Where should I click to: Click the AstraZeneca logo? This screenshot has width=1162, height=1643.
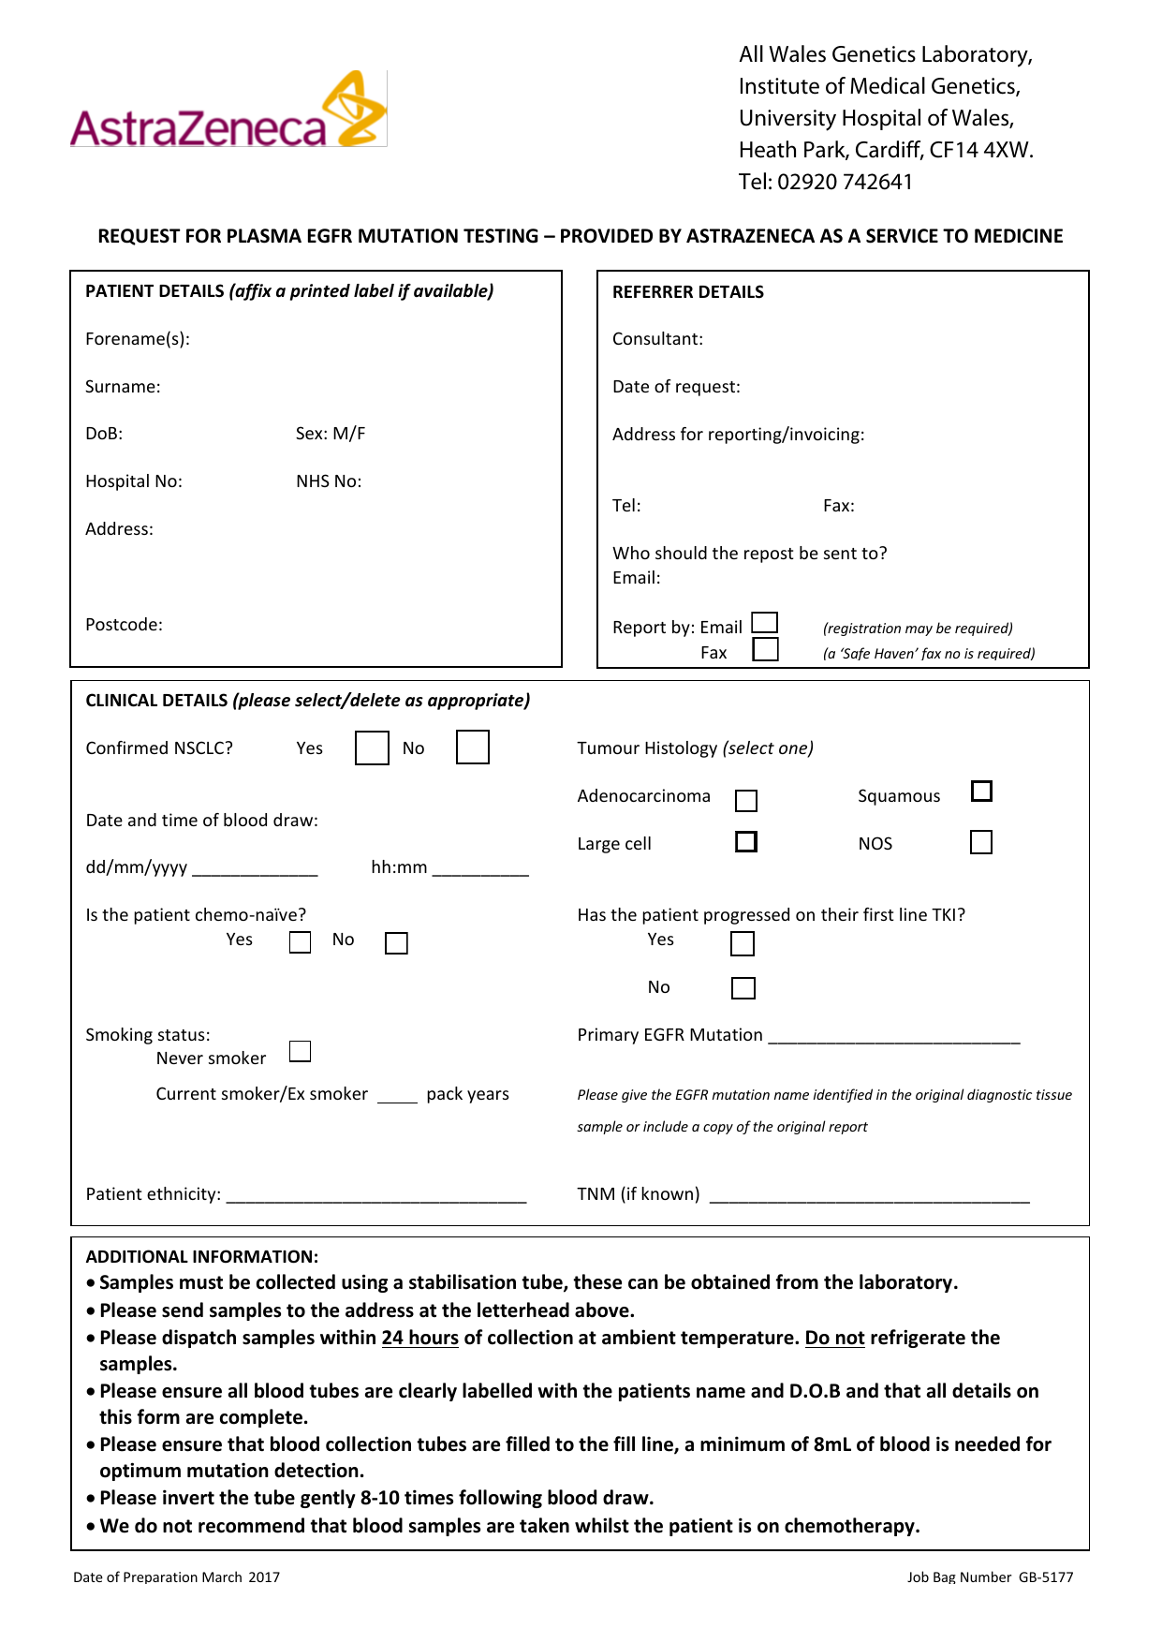point(228,111)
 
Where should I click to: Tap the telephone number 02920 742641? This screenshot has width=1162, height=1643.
point(845,182)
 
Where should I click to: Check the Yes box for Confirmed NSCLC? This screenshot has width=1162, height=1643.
point(372,747)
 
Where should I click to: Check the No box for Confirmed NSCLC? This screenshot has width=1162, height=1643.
point(473,747)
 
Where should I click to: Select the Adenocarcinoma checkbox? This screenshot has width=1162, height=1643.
point(746,800)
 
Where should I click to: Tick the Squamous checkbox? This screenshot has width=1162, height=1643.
point(981,792)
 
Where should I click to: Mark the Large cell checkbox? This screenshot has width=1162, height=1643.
point(746,841)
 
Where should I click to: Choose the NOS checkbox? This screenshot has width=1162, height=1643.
point(981,842)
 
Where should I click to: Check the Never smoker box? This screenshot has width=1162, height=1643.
point(300,1051)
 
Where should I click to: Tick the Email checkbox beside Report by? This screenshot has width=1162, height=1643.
point(765,623)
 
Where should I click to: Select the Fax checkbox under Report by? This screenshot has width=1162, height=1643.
point(765,649)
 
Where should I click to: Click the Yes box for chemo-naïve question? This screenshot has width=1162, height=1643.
point(300,942)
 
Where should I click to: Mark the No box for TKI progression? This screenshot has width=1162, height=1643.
point(743,988)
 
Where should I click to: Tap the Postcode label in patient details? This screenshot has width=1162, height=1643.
point(124,625)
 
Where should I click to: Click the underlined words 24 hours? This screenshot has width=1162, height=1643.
point(419,1338)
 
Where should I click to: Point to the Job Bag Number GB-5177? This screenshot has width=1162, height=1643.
point(990,1577)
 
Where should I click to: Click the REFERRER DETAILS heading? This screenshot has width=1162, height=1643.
point(687,292)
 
